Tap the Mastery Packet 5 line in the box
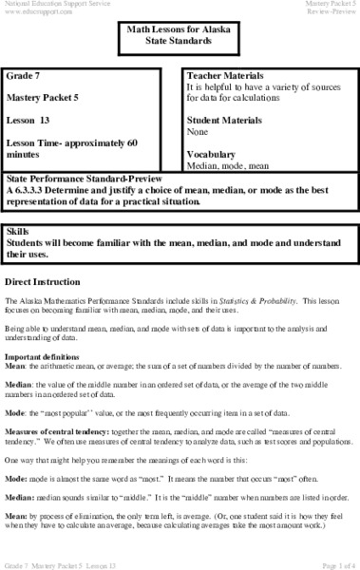[x=47, y=96]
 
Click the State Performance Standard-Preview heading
[x=85, y=178]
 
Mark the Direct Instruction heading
[x=42, y=284]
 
